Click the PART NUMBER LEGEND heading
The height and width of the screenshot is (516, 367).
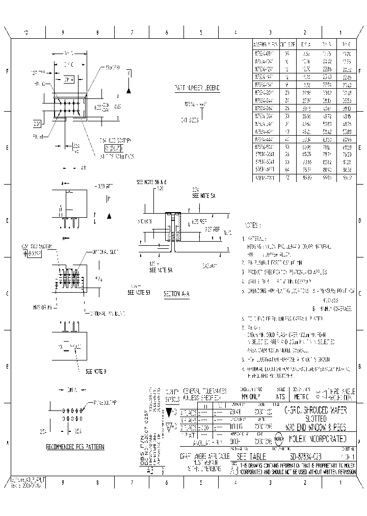pos(197,88)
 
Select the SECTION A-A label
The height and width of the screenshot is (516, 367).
pos(176,294)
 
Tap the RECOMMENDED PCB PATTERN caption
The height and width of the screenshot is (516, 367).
pos(75,447)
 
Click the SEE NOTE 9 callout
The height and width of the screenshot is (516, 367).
pos(96,371)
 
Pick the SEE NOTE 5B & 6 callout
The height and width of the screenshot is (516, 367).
pos(152,182)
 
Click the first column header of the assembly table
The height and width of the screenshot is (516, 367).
pos(266,45)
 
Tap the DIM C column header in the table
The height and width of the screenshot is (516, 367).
pos(347,45)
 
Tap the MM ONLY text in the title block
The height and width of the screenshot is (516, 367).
pos(251,396)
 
